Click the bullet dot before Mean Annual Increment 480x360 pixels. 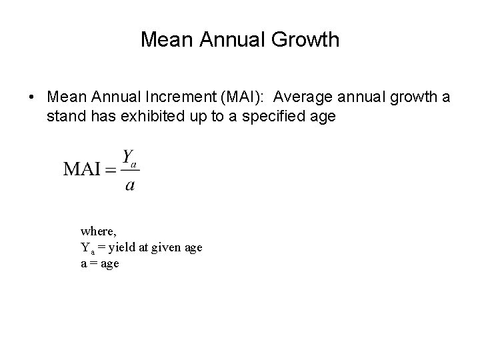[33, 97]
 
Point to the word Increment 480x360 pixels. [173, 97]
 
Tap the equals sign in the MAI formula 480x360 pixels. [111, 169]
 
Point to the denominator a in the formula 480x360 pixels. [130, 185]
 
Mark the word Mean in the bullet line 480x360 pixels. [65, 97]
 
